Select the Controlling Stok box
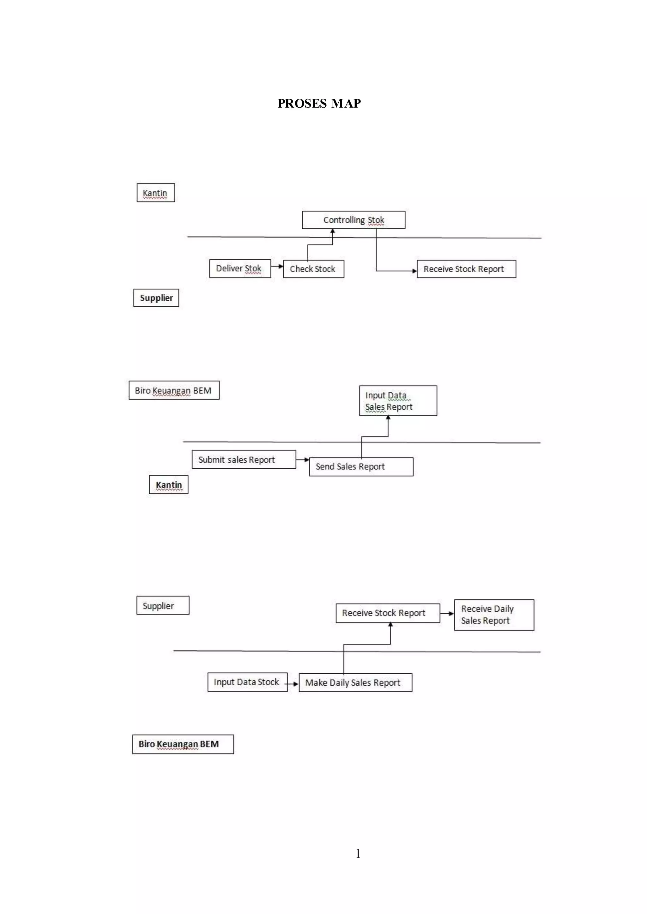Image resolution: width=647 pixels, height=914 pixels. [354, 220]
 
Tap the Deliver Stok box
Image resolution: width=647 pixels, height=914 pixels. [240, 268]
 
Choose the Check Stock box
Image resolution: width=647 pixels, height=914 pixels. [313, 269]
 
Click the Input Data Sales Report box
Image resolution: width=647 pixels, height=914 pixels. [398, 401]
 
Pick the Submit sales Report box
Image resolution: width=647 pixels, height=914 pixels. [244, 460]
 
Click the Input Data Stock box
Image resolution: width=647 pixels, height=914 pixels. [247, 682]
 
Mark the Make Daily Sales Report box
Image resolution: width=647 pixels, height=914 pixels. [355, 682]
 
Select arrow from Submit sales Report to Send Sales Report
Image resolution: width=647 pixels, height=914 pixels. [302, 460]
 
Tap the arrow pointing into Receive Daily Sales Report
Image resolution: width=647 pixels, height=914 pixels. [447, 613]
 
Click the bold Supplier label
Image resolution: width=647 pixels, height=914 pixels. [156, 298]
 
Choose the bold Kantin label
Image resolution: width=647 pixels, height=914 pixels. [168, 485]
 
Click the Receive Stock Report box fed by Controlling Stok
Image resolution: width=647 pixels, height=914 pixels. [466, 269]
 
